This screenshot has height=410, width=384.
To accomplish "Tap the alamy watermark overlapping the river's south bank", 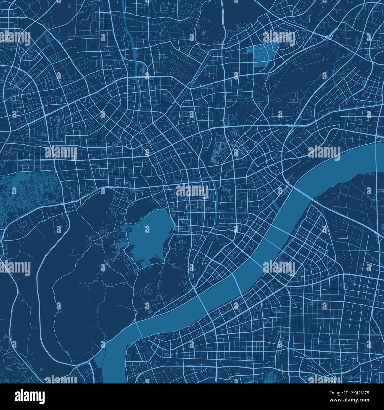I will tap(279, 268).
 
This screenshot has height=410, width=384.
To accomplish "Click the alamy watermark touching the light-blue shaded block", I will tap(279, 37).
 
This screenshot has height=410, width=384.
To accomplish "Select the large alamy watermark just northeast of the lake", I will tap(192, 191).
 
